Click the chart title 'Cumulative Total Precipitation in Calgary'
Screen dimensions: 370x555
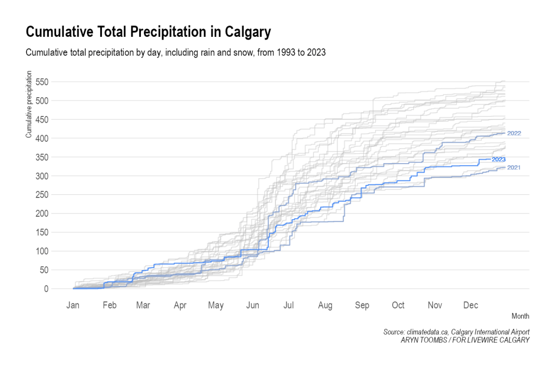[148, 32]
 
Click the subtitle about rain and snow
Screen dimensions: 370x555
[175, 53]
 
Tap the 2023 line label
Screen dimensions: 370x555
[498, 160]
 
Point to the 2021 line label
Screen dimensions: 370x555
[513, 167]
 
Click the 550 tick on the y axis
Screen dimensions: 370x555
[43, 82]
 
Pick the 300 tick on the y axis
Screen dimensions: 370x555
[43, 176]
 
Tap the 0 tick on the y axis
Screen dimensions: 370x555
[46, 289]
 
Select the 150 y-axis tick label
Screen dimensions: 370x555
[43, 232]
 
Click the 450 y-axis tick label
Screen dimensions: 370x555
[43, 120]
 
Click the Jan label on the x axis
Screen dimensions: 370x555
[73, 306]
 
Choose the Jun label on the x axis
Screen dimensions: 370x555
[252, 306]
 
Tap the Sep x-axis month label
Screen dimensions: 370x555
[362, 306]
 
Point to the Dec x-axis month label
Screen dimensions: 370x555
[470, 306]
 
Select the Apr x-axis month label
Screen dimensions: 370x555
[180, 306]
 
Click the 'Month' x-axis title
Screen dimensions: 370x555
[520, 316]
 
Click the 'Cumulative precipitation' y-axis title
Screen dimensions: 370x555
[29, 104]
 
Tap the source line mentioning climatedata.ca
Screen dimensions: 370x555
[456, 332]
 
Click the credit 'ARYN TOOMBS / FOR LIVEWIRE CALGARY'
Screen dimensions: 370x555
[465, 340]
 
